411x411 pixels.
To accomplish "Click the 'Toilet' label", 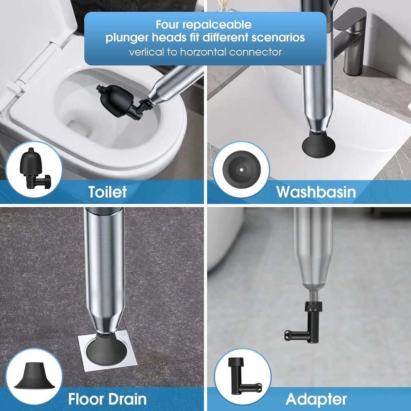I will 107,192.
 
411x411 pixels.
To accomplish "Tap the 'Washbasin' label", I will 316,192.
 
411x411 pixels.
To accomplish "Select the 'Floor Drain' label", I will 107,399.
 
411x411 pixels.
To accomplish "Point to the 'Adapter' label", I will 316,399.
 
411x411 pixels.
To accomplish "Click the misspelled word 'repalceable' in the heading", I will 217,25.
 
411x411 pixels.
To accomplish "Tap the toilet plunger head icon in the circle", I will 34,169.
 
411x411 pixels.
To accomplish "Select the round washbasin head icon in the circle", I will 241,169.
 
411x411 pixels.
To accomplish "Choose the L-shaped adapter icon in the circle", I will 242,377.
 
